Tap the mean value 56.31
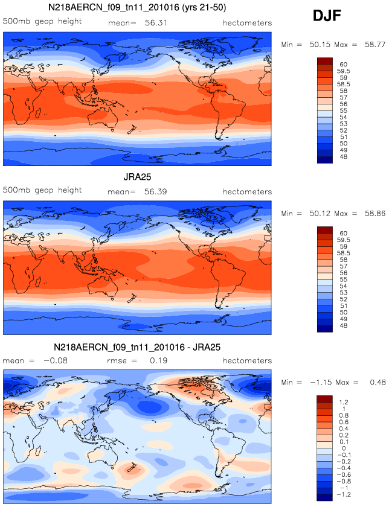pyautogui.click(x=155, y=23)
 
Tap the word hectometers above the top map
pyautogui.click(x=247, y=23)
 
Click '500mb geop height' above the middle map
pyautogui.click(x=42, y=190)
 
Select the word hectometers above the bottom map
pyautogui.click(x=247, y=360)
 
